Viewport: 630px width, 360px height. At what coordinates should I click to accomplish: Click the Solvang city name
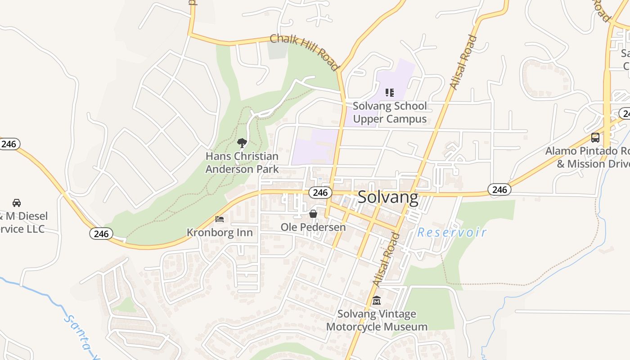pyautogui.click(x=388, y=198)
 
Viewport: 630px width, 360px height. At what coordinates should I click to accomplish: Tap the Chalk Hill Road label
pyautogui.click(x=304, y=52)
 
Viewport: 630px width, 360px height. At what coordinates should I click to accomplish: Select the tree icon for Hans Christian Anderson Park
pyautogui.click(x=242, y=143)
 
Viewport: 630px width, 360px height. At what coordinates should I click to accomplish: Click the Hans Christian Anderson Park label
pyautogui.click(x=242, y=162)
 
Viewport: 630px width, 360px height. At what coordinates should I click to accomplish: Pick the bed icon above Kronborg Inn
pyautogui.click(x=220, y=219)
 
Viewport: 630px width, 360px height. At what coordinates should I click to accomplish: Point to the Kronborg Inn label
pyautogui.click(x=220, y=233)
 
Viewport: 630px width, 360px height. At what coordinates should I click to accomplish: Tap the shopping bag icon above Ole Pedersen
pyautogui.click(x=313, y=214)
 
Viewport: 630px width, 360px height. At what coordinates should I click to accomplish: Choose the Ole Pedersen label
pyautogui.click(x=313, y=227)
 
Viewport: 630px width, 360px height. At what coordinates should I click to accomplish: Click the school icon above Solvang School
pyautogui.click(x=390, y=93)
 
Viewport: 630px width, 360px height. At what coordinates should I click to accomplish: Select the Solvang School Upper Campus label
pyautogui.click(x=390, y=112)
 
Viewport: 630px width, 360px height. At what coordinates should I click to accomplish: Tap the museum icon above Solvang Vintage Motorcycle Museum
pyautogui.click(x=377, y=300)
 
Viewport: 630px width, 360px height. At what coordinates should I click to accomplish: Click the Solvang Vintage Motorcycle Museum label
pyautogui.click(x=377, y=320)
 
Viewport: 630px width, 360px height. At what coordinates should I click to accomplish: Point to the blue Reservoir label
pyautogui.click(x=452, y=232)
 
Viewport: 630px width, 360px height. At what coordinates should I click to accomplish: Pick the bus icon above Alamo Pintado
pyautogui.click(x=595, y=138)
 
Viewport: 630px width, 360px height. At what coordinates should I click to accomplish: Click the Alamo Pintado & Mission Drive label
pyautogui.click(x=588, y=157)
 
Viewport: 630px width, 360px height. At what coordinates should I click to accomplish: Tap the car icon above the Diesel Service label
pyautogui.click(x=17, y=202)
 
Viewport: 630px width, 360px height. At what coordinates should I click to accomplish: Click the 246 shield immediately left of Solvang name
pyautogui.click(x=320, y=193)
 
